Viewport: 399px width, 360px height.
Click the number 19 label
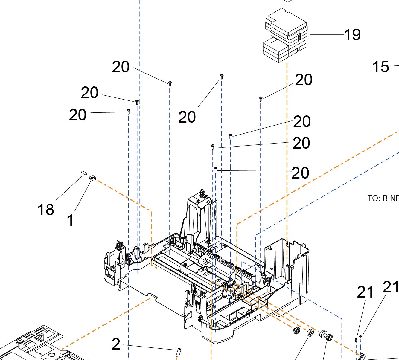[352, 35]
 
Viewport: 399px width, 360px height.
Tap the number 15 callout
[380, 67]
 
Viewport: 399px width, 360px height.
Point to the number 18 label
[45, 210]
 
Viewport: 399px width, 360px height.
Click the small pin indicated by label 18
[84, 173]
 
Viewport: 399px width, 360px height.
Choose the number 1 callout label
[70, 221]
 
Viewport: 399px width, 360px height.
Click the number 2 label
[116, 344]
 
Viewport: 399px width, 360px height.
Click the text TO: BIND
[383, 198]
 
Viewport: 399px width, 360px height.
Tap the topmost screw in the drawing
[222, 76]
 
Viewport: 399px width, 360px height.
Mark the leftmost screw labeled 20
[129, 112]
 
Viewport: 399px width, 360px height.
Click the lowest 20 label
[300, 173]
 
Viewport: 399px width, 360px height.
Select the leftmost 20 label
[77, 115]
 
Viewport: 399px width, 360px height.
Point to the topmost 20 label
[121, 67]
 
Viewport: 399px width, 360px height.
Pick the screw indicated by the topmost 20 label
[170, 83]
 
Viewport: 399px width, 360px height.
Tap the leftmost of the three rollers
[297, 330]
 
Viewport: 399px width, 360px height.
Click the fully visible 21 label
[365, 292]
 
